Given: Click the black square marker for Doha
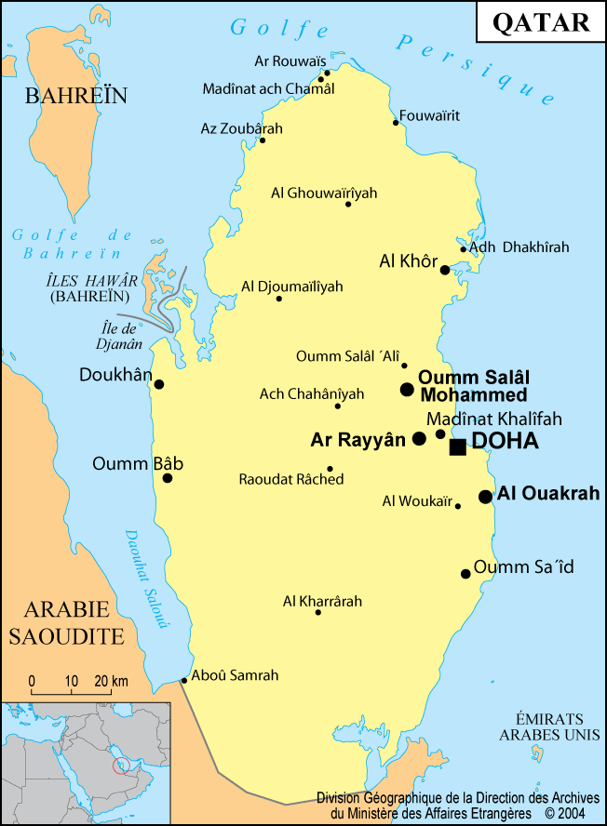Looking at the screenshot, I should (457, 446).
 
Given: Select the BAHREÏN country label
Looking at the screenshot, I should (75, 96).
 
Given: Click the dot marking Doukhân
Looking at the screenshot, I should (159, 384).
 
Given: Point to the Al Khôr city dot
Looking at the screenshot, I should (445, 270).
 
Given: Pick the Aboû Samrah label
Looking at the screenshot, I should (235, 675).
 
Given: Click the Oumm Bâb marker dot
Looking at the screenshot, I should (168, 478).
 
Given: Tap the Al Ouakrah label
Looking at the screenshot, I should (548, 493).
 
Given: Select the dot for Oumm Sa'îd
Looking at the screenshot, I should (465, 574).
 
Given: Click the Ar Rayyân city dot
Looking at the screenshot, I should (419, 438).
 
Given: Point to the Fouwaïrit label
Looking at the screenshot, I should (429, 116).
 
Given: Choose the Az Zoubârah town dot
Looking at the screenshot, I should (263, 140).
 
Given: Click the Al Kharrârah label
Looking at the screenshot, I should (322, 602).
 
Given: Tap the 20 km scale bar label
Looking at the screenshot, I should (110, 681).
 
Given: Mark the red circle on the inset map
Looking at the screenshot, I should (120, 766).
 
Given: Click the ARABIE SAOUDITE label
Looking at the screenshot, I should (67, 623).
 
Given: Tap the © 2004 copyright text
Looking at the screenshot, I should (570, 812).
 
